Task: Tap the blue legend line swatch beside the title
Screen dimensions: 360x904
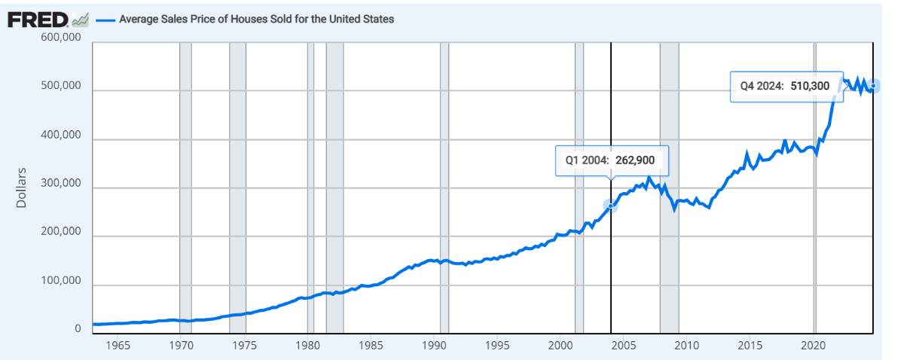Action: pyautogui.click(x=105, y=20)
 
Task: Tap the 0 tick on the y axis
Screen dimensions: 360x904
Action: pyautogui.click(x=78, y=329)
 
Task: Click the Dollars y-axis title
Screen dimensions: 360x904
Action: pyautogui.click(x=21, y=187)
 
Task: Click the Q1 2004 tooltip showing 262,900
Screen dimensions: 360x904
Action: pyautogui.click(x=612, y=160)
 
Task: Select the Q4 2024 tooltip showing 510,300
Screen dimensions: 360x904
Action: pyautogui.click(x=784, y=86)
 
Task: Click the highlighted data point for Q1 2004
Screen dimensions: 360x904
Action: pyautogui.click(x=610, y=205)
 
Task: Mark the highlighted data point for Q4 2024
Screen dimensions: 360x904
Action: pyautogui.click(x=872, y=86)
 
